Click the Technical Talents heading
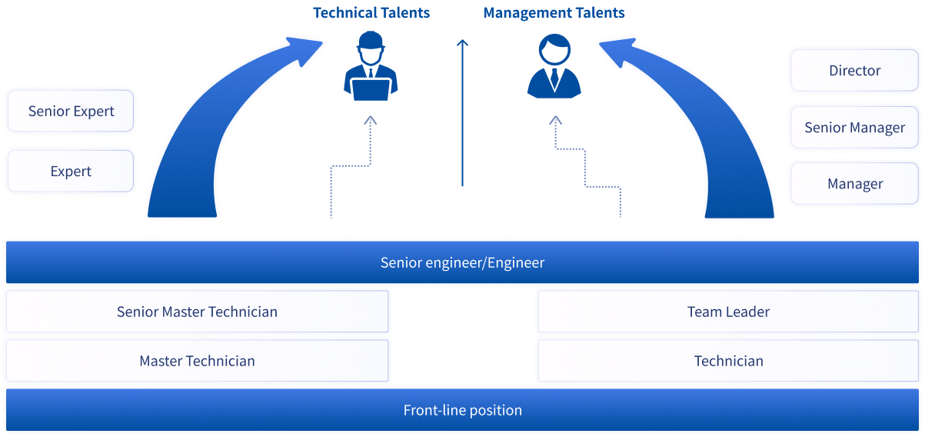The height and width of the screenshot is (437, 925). pyautogui.click(x=371, y=13)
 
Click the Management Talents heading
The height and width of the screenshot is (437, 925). pyautogui.click(x=554, y=13)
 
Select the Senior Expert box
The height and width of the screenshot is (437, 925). pyautogui.click(x=71, y=111)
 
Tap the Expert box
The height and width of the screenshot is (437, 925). pyautogui.click(x=71, y=171)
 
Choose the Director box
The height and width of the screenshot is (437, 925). pyautogui.click(x=854, y=70)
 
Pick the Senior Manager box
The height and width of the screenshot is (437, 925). pyautogui.click(x=854, y=127)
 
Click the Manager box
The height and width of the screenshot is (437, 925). pyautogui.click(x=854, y=183)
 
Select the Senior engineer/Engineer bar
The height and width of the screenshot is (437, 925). pyautogui.click(x=462, y=262)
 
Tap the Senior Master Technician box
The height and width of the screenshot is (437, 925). pyautogui.click(x=198, y=312)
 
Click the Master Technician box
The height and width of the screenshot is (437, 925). pyautogui.click(x=198, y=361)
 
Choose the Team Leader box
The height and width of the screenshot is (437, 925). pyautogui.click(x=728, y=312)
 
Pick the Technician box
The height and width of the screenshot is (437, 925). pyautogui.click(x=728, y=361)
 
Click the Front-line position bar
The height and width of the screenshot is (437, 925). pyautogui.click(x=462, y=410)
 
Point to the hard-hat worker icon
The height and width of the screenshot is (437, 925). pyautogui.click(x=371, y=66)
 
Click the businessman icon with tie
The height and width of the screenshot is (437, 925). pyautogui.click(x=554, y=66)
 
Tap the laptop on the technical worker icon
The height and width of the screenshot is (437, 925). pyautogui.click(x=371, y=89)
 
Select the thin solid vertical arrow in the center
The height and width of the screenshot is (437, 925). pyautogui.click(x=463, y=113)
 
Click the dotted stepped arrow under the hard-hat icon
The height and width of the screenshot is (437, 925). pyautogui.click(x=351, y=166)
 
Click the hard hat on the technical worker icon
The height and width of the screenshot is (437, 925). pyautogui.click(x=371, y=40)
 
